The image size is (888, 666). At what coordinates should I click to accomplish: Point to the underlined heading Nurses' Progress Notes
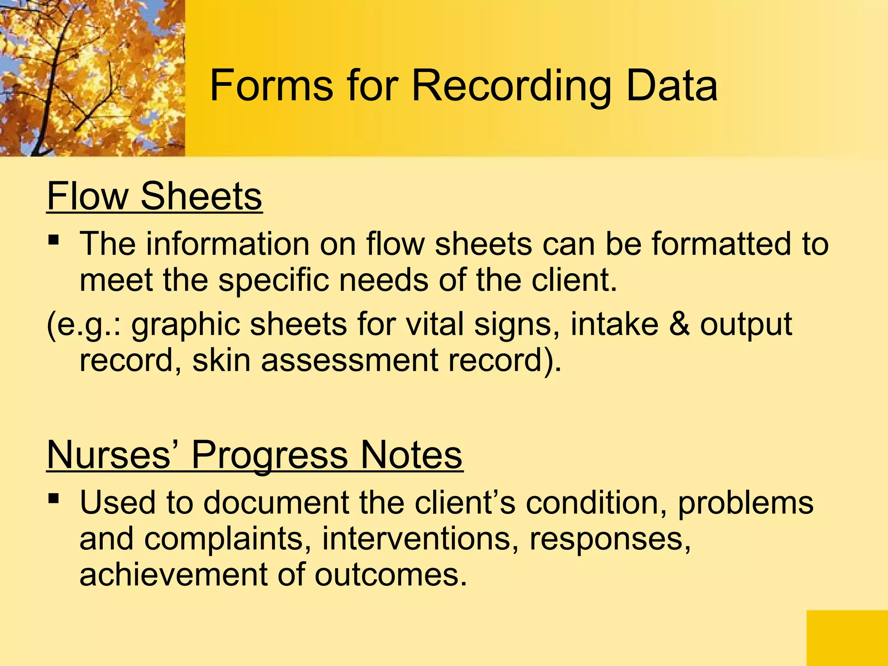pyautogui.click(x=255, y=455)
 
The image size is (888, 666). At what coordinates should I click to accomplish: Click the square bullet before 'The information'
pyautogui.click(x=53, y=240)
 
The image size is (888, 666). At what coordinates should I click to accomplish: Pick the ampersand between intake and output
pyautogui.click(x=679, y=324)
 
